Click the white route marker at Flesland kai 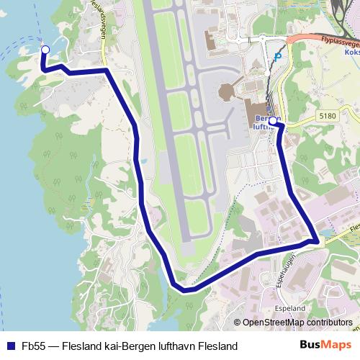pyautogui.click(x=45, y=49)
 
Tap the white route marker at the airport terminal pyautogui.click(x=273, y=120)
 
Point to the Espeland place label pyautogui.click(x=290, y=308)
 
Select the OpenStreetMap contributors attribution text pyautogui.click(x=297, y=323)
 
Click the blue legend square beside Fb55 pyautogui.click(x=10, y=346)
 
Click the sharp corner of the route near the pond pyautogui.click(x=315, y=240)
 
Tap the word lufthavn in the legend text pyautogui.click(x=174, y=346)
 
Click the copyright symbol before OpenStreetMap pyautogui.click(x=237, y=323)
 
